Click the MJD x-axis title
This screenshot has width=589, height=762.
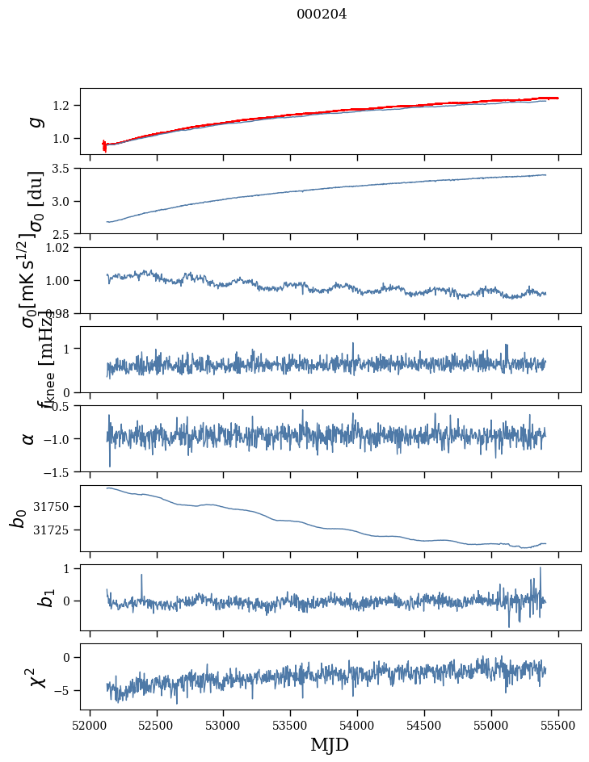pos(330,744)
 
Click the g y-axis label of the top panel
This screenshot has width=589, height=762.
pos(34,121)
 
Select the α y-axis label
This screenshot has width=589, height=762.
pos(29,438)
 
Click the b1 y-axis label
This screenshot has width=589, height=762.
pos(24,597)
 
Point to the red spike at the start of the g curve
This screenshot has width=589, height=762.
pos(104,145)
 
